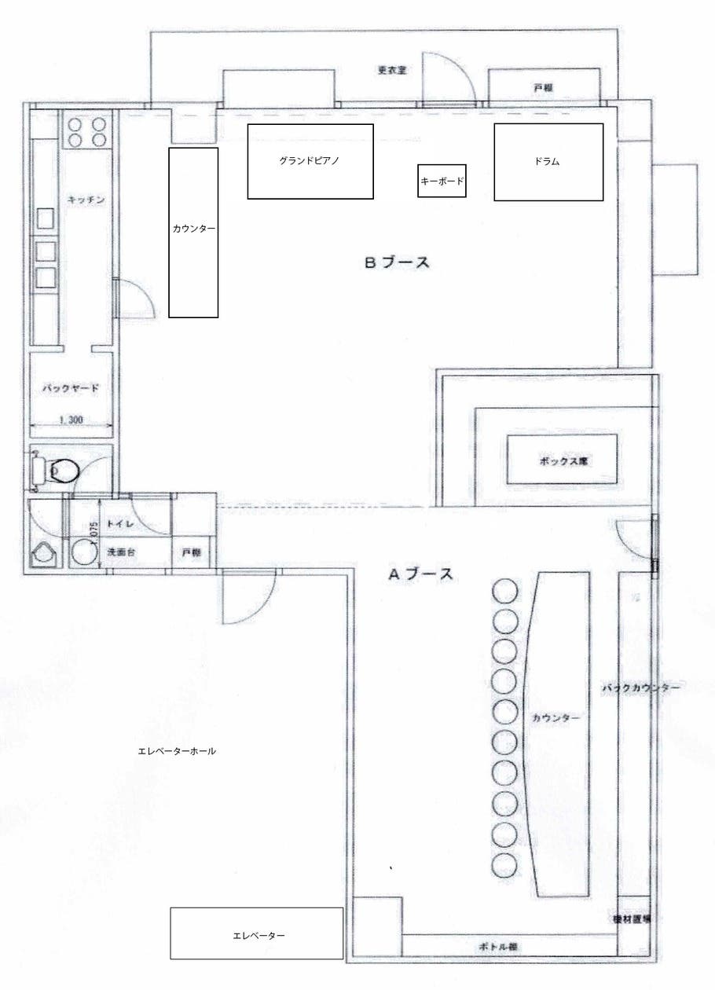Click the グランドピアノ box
[x=310, y=161]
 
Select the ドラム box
[x=548, y=162]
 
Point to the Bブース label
[x=397, y=263]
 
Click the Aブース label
[x=421, y=574]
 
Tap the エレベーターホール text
[x=177, y=751]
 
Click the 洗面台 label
[x=122, y=553]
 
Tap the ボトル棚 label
[x=497, y=947]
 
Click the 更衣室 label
[x=390, y=69]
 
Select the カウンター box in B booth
[x=193, y=232]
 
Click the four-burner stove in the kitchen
[x=86, y=131]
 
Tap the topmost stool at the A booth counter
[x=505, y=591]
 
